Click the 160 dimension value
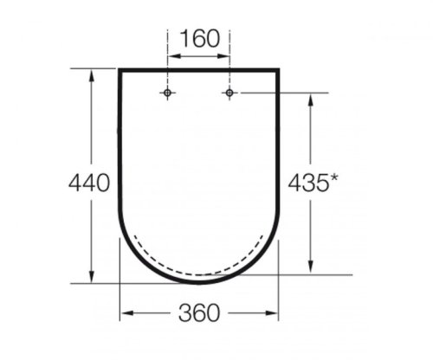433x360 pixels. pyautogui.click(x=198, y=39)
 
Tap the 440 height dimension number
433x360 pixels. pyautogui.click(x=88, y=183)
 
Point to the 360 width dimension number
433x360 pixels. pyautogui.click(x=198, y=312)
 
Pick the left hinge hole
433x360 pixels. pyautogui.click(x=168, y=93)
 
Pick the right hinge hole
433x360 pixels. pyautogui.click(x=229, y=93)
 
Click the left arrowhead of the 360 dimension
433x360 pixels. pyautogui.click(x=124, y=312)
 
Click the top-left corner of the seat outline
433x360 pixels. pyautogui.click(x=120, y=69)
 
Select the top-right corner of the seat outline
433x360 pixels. pyautogui.click(x=279, y=69)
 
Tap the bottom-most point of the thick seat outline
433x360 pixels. pyautogui.click(x=198, y=281)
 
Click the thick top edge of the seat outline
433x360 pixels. pyautogui.click(x=198, y=68)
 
